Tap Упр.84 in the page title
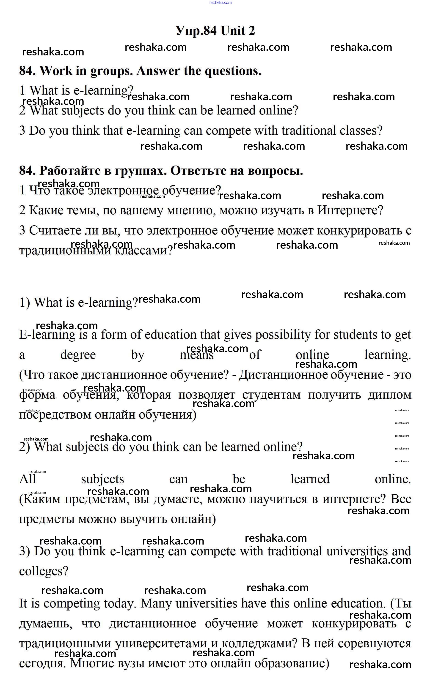(196, 30)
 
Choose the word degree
(78, 355)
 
